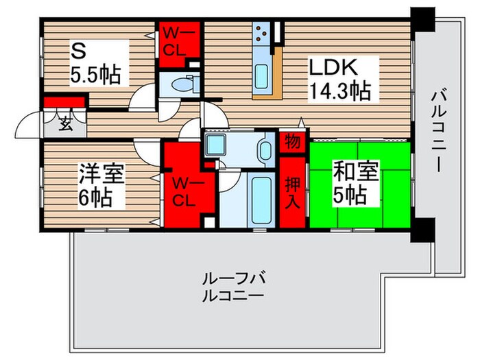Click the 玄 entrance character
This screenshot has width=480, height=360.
coord(65,125)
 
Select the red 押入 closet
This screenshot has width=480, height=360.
coord(291,193)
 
